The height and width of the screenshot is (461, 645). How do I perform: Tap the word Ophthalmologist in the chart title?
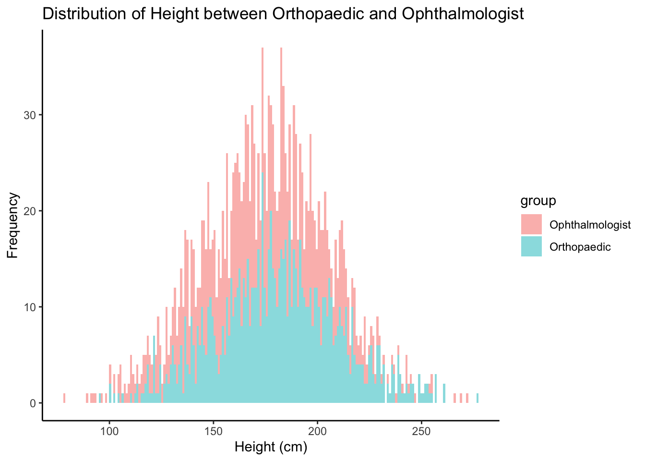[463, 14]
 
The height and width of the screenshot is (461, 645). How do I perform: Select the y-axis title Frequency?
[13, 225]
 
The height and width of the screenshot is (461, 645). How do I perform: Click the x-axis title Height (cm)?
[271, 447]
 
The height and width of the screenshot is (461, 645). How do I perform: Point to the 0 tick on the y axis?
[33, 403]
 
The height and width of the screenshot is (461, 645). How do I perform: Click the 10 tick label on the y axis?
[30, 307]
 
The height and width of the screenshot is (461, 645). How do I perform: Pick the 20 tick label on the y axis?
[30, 211]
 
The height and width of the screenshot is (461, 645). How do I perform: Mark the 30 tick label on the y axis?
[30, 115]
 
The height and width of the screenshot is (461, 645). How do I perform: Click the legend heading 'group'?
[538, 200]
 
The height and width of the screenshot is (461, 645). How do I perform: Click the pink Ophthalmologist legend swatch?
[531, 224]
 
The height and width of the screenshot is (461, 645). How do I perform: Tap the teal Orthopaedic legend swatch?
[531, 246]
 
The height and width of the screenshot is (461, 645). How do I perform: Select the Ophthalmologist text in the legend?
[590, 225]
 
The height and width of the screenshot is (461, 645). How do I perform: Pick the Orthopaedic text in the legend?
[580, 247]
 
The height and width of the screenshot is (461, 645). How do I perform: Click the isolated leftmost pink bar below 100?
[64, 398]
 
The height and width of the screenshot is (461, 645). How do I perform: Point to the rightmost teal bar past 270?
[478, 398]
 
